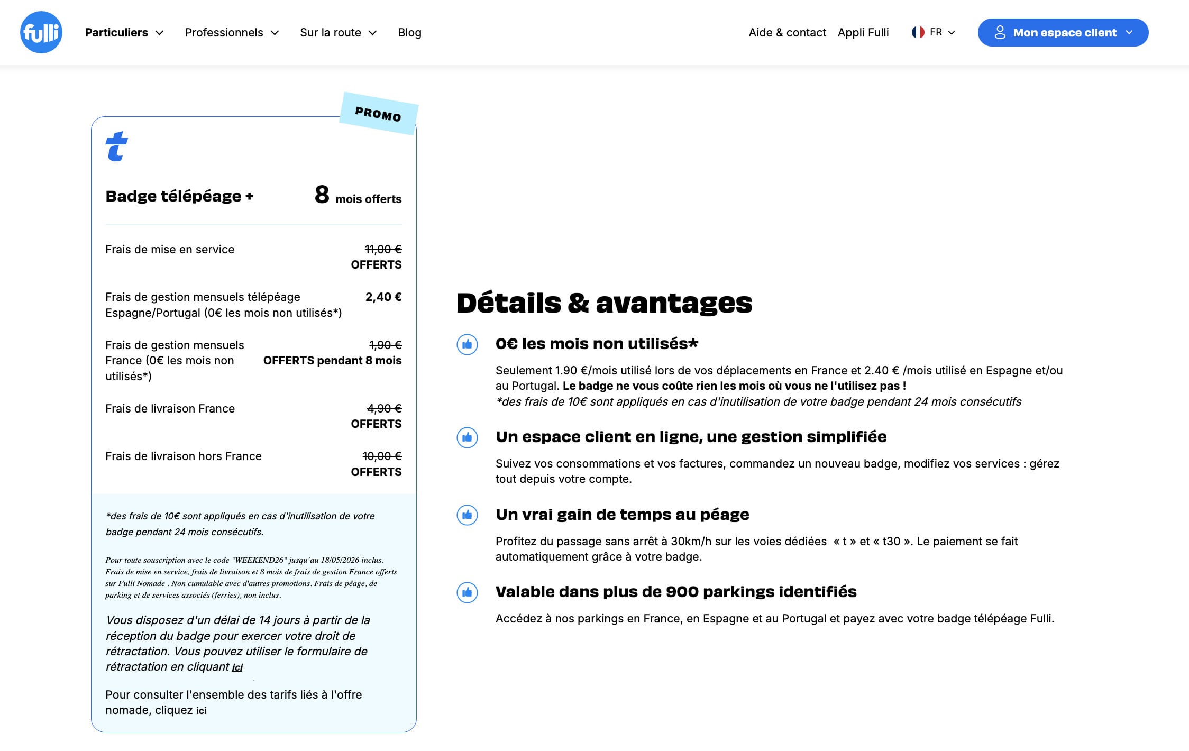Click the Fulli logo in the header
[x=41, y=32]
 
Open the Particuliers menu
[x=124, y=33]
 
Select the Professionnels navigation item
[x=232, y=33]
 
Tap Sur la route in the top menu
[x=338, y=33]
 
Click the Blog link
[x=409, y=33]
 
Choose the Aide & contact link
[x=787, y=33]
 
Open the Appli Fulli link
[x=863, y=33]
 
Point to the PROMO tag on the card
[x=378, y=114]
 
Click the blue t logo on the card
[x=116, y=146]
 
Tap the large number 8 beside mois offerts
[x=322, y=195]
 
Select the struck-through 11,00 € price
[x=383, y=249]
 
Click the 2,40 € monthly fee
[x=383, y=297]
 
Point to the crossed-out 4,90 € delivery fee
[x=384, y=408]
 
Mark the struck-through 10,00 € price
[x=382, y=456]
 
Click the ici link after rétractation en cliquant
[x=237, y=667]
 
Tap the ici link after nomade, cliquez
[x=201, y=711]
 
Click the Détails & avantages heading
[x=604, y=303]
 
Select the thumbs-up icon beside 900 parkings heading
[x=467, y=592]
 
